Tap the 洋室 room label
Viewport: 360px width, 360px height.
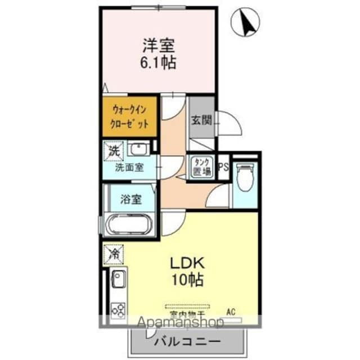tap(157, 43)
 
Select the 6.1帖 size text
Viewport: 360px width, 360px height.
tap(157, 61)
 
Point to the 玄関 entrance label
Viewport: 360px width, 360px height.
tap(201, 120)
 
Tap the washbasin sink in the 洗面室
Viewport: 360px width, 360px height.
tap(138, 149)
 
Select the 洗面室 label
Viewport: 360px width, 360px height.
tap(129, 167)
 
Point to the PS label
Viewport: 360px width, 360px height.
tap(223, 166)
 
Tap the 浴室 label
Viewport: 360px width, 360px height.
tap(130, 199)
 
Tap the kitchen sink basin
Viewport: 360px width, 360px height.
tap(119, 278)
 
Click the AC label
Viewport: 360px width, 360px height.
tap(231, 310)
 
